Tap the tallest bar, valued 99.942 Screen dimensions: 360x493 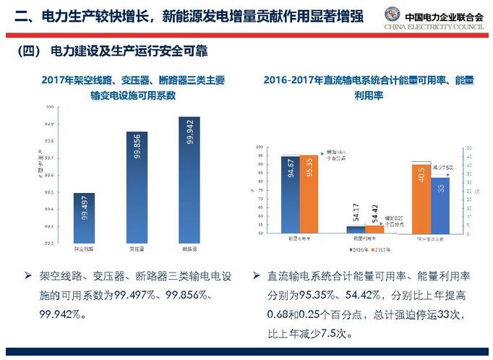[190, 180]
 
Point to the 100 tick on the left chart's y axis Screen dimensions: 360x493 [50, 106]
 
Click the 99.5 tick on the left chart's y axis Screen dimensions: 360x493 [50, 192]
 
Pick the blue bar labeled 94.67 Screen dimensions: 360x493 [291, 194]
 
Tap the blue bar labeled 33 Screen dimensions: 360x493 [441, 205]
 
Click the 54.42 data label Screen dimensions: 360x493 [375, 215]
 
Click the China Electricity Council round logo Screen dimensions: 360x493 [394, 15]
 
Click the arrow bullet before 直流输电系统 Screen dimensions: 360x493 [257, 276]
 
